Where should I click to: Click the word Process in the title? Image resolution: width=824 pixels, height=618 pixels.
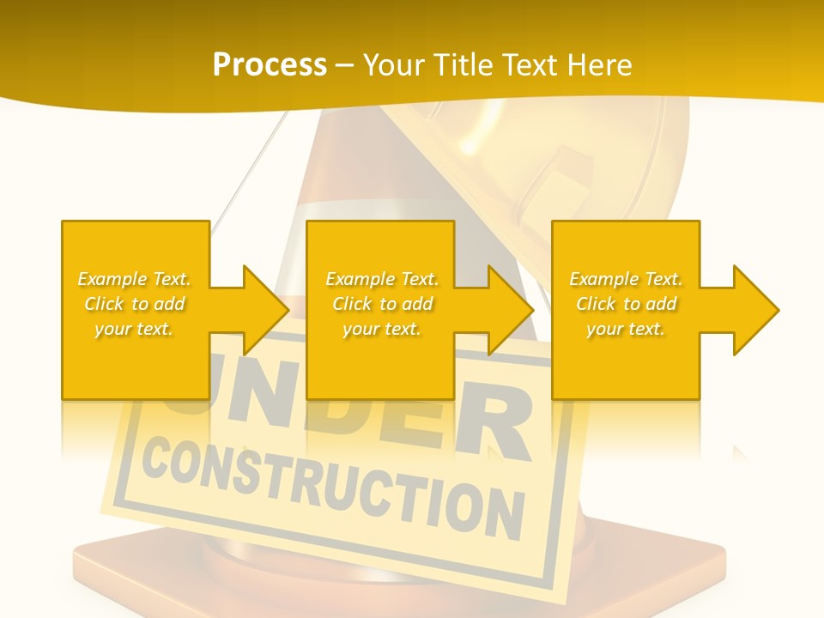point(270,65)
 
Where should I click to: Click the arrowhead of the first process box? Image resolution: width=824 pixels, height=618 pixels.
point(262,310)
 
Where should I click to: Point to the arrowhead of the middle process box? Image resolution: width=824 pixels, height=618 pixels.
point(507,310)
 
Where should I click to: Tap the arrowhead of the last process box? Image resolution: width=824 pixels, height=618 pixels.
point(752,310)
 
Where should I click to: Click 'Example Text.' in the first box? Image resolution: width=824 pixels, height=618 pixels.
point(134,279)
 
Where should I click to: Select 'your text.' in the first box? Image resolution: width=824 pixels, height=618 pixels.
point(134,329)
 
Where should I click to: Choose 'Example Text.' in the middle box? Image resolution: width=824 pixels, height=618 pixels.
point(381,279)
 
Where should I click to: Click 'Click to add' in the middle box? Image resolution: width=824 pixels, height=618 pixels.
point(381,304)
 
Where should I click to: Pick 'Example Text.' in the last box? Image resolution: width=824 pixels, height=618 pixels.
point(625,279)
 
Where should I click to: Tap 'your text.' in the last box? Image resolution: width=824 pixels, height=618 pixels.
point(625,329)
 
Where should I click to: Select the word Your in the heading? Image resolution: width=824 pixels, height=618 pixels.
point(391,65)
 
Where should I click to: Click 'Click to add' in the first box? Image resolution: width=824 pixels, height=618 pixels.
point(134,304)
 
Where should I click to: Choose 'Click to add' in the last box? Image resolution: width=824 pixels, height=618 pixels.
point(625,304)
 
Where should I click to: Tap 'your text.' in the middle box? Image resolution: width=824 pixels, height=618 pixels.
point(381,329)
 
